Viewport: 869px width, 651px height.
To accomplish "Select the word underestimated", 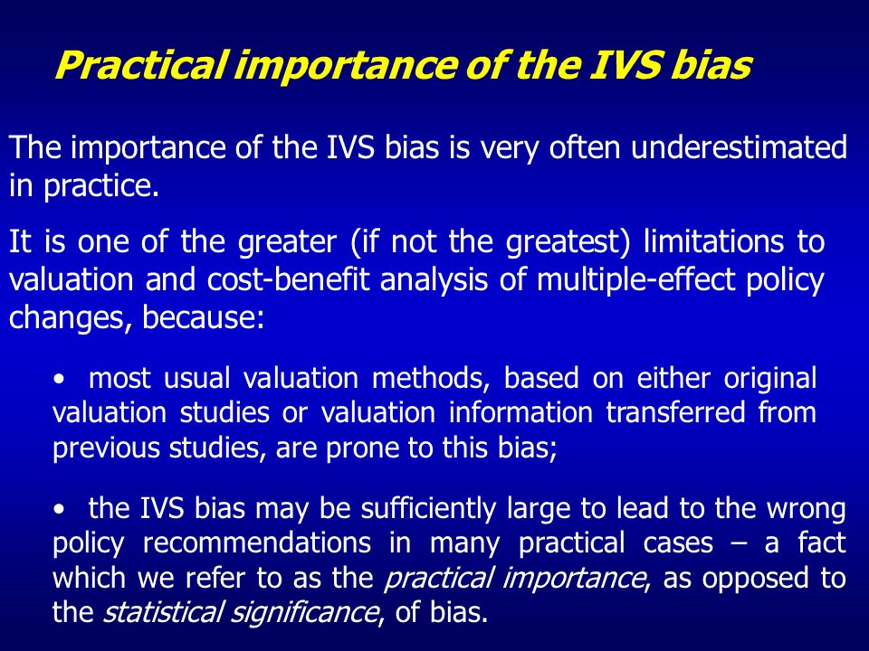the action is tap(740, 147).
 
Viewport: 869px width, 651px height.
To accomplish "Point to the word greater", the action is tap(287, 243).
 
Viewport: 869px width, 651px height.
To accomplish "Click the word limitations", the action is tap(714, 241).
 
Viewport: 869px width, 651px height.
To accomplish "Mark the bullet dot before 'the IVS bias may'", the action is tap(59, 509).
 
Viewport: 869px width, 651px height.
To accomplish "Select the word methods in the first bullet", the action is tap(430, 378).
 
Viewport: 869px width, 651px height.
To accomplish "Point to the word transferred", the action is tap(675, 413).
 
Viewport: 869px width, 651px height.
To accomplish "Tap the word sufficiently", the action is tap(428, 509).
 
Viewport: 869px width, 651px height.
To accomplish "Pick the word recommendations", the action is tap(257, 543).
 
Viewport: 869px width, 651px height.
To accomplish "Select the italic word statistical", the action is tap(163, 612).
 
